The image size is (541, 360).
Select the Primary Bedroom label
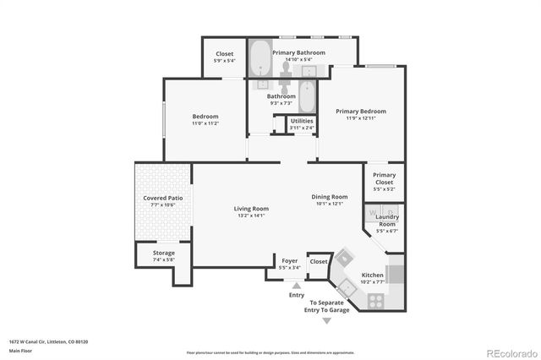(x=360, y=112)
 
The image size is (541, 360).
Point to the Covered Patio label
(x=162, y=198)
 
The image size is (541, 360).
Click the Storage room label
(x=164, y=253)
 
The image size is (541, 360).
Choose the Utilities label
(x=302, y=122)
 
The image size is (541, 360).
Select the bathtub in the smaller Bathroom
(x=308, y=96)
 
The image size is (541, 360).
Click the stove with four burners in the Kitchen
(x=374, y=299)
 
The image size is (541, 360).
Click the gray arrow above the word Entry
(x=296, y=286)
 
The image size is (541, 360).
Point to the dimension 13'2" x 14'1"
(x=251, y=215)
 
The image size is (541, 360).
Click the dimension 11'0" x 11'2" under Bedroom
(x=205, y=123)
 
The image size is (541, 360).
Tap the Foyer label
(x=289, y=261)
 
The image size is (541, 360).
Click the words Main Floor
(x=20, y=350)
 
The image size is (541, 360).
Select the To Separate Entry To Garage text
(x=331, y=306)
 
